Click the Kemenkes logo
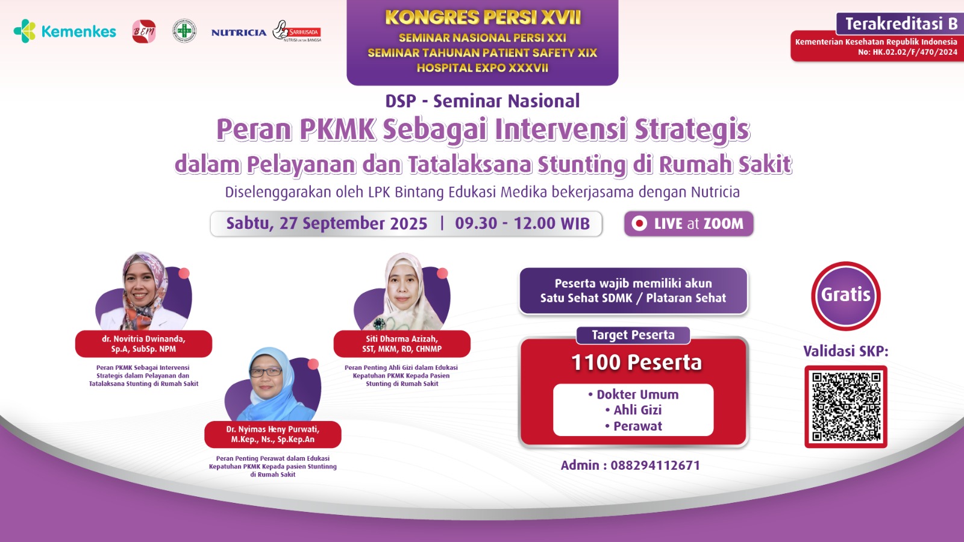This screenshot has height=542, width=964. pyautogui.click(x=64, y=31)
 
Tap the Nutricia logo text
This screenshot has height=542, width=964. pyautogui.click(x=239, y=33)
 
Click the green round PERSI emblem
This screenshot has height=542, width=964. pyautogui.click(x=184, y=31)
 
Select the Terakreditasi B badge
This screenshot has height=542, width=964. pyautogui.click(x=900, y=23)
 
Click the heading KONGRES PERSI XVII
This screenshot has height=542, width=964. pyautogui.click(x=483, y=17)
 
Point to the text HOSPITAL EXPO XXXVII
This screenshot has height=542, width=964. pyautogui.click(x=483, y=68)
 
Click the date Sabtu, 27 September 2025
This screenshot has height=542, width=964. pyautogui.click(x=327, y=223)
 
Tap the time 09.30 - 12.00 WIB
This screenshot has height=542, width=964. pyautogui.click(x=522, y=223)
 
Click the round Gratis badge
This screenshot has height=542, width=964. pyautogui.click(x=846, y=295)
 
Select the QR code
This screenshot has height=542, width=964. pyautogui.click(x=846, y=406)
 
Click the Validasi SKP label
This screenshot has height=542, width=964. pyautogui.click(x=845, y=351)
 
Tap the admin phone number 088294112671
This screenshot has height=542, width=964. pyautogui.click(x=655, y=465)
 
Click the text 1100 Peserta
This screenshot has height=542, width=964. pyautogui.click(x=636, y=363)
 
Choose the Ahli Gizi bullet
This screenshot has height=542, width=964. pyautogui.click(x=637, y=410)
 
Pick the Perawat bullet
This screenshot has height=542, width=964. pyautogui.click(x=637, y=426)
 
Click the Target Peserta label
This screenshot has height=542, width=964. pyautogui.click(x=633, y=335)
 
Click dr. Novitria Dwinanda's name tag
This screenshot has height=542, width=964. pyautogui.click(x=143, y=344)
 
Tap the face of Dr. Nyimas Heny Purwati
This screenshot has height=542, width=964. pyautogui.click(x=266, y=377)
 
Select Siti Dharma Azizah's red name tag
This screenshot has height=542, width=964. pyautogui.click(x=402, y=344)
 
